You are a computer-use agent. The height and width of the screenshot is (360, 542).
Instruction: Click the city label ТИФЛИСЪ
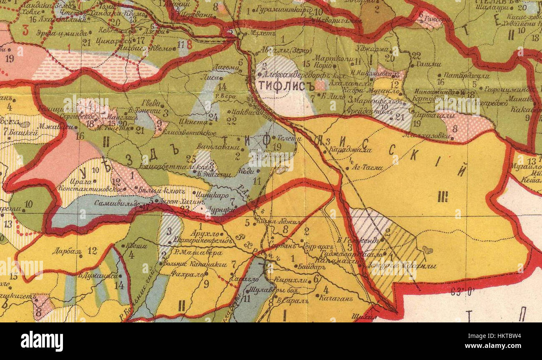pos(286,86)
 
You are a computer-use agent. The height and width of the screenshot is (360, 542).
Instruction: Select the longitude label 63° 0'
pos(462,292)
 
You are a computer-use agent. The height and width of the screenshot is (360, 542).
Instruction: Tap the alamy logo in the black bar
pos(42,341)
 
